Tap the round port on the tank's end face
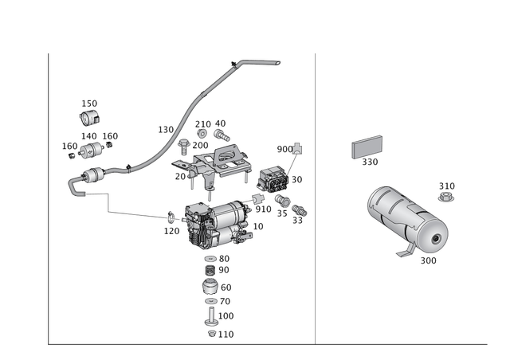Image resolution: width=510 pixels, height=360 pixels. [435, 240]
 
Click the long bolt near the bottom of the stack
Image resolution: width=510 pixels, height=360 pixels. [211, 317]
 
